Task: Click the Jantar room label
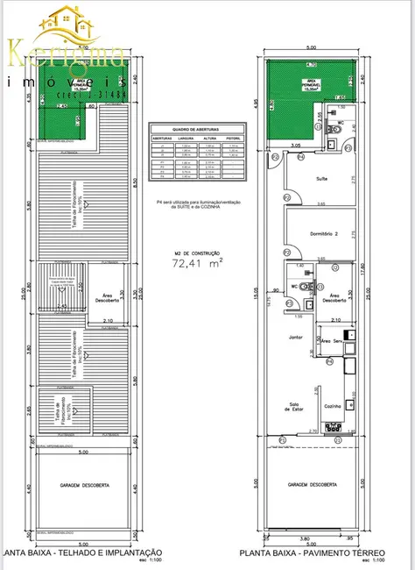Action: pos(295,336)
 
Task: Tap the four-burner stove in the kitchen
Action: pos(334,428)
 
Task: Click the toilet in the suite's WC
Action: pos(333,129)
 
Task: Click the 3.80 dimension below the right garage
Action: pos(304,539)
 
